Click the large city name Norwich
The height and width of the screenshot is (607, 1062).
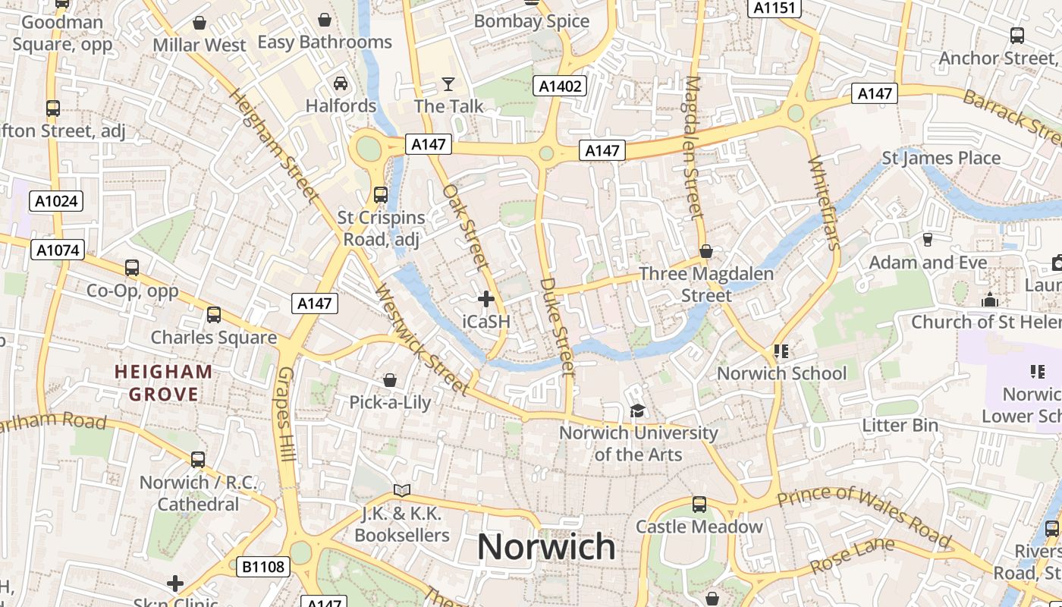click(546, 547)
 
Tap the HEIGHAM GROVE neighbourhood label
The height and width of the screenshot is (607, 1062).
click(163, 383)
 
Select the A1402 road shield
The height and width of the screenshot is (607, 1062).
click(561, 86)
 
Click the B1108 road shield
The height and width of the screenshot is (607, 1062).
click(263, 566)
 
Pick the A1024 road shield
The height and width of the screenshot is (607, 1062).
click(56, 201)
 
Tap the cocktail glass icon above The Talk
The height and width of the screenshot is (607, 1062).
click(448, 83)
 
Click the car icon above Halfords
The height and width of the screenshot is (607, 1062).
click(341, 83)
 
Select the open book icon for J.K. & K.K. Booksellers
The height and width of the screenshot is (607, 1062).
click(402, 491)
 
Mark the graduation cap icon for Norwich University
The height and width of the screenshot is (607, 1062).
click(638, 410)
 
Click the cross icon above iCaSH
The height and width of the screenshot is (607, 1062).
click(486, 299)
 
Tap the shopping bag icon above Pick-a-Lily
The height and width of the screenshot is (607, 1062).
click(390, 379)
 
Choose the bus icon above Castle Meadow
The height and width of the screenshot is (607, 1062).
click(699, 504)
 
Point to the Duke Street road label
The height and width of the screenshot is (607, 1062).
click(558, 326)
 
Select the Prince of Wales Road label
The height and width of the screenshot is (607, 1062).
click(865, 516)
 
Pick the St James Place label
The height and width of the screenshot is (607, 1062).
click(941, 158)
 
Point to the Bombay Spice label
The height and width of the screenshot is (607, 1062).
click(531, 21)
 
